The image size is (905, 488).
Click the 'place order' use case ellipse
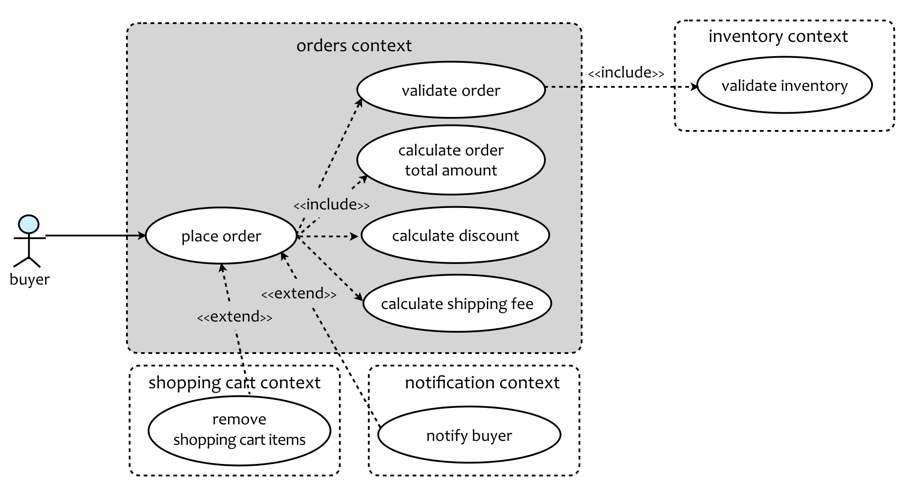[221, 236]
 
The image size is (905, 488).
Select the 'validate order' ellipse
[451, 90]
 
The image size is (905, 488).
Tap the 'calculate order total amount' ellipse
[451, 160]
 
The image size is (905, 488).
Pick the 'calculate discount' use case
[455, 235]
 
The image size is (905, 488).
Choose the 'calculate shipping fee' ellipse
[457, 304]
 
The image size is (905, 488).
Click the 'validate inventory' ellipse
[784, 85]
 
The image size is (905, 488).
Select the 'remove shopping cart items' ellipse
[239, 430]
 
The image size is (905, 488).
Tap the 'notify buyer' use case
[469, 435]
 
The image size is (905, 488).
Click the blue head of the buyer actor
[29, 224]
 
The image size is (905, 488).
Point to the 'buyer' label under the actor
[29, 280]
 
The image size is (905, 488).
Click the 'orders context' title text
[354, 45]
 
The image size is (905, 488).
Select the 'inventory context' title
[778, 36]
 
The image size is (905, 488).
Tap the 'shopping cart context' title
[234, 382]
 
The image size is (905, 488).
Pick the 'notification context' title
[482, 382]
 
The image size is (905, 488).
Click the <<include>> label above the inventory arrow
[626, 73]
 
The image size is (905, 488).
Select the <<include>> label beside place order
[331, 204]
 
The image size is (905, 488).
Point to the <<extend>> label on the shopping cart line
[235, 317]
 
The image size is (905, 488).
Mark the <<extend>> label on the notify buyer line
[299, 293]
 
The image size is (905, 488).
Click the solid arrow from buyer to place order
[95, 236]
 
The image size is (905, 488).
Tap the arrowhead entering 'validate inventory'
[694, 87]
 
